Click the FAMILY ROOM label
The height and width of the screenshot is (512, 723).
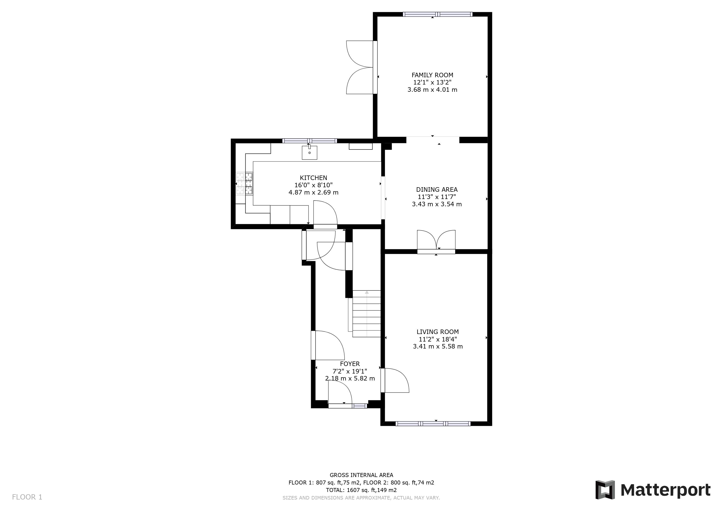(x=432, y=75)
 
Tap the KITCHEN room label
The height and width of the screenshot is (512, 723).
(x=313, y=178)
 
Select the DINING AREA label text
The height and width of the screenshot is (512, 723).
(x=437, y=189)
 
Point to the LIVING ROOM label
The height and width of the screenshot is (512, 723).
(x=437, y=332)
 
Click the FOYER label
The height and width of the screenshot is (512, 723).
(x=350, y=364)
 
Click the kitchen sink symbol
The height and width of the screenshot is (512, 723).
(x=309, y=152)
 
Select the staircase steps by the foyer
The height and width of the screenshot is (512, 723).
(x=366, y=314)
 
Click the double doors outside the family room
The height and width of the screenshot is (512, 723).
(x=359, y=67)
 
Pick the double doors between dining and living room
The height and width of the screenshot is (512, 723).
(x=436, y=241)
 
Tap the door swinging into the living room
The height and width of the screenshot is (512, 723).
(x=395, y=380)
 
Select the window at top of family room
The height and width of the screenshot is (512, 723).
(x=437, y=14)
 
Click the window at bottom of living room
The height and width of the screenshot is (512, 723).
(x=433, y=423)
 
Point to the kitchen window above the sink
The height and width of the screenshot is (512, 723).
(x=309, y=141)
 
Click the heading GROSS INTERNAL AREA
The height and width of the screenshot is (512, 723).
(x=361, y=475)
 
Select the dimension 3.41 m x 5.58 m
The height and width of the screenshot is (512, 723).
(x=438, y=346)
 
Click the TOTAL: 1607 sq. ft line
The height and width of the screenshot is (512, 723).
(x=361, y=490)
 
